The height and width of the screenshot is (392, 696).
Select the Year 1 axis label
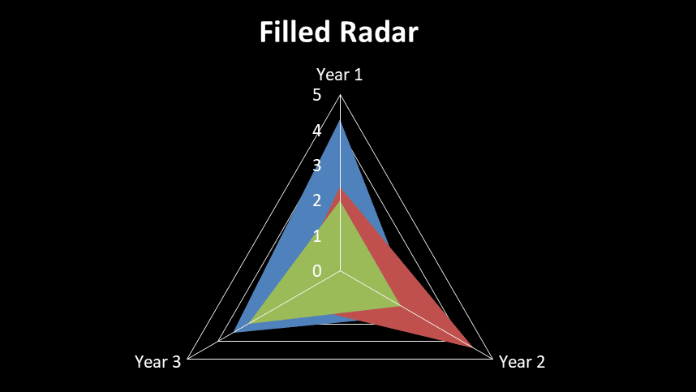pyautogui.click(x=339, y=75)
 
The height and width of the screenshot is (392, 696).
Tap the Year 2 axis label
pyautogui.click(x=522, y=362)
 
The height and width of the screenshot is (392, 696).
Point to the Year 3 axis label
pyautogui.click(x=157, y=362)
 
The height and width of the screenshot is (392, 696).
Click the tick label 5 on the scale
pyautogui.click(x=316, y=95)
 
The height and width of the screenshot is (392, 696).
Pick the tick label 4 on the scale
pyautogui.click(x=316, y=130)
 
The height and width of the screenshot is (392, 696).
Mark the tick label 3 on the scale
pyautogui.click(x=316, y=166)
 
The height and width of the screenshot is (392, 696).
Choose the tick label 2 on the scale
pyautogui.click(x=316, y=200)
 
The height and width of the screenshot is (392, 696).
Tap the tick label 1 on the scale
pyautogui.click(x=316, y=236)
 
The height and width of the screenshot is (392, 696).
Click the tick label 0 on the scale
pyautogui.click(x=316, y=270)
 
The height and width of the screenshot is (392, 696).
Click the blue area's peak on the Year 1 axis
pyautogui.click(x=340, y=121)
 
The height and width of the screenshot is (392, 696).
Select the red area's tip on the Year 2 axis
pyautogui.click(x=473, y=347)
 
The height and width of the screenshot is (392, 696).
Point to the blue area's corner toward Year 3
pyautogui.click(x=234, y=332)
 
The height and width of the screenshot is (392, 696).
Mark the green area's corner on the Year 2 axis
pyautogui.click(x=401, y=306)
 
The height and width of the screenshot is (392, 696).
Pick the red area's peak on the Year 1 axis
pyautogui.click(x=340, y=187)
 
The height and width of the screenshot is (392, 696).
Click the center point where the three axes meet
pyautogui.click(x=340, y=271)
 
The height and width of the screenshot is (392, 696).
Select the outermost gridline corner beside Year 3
pyautogui.click(x=188, y=359)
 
